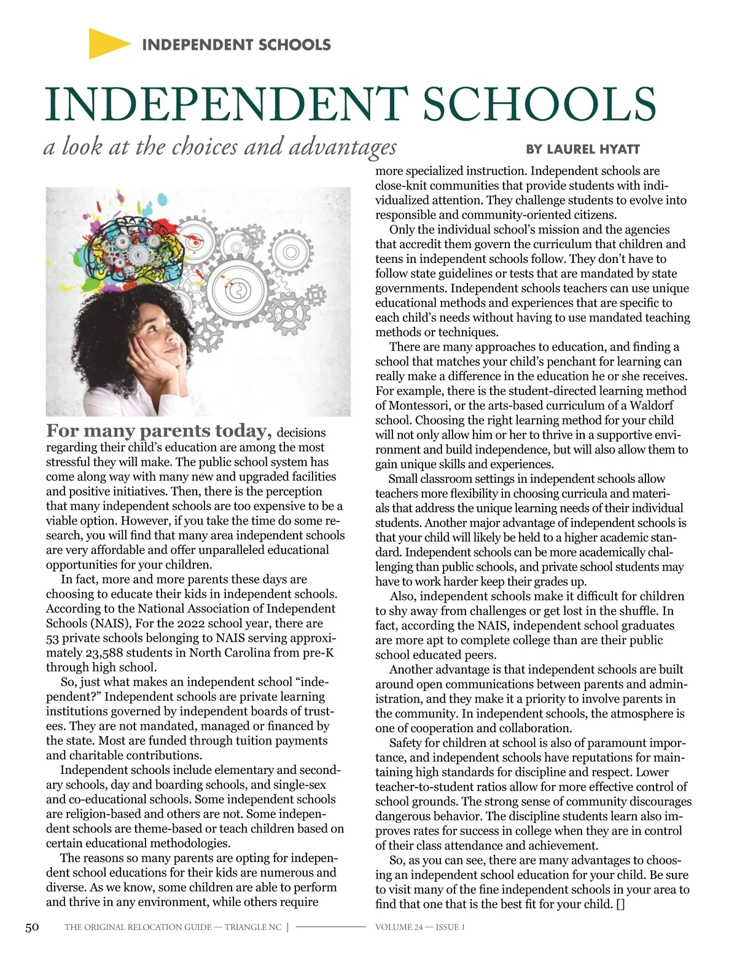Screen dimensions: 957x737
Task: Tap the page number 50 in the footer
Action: point(32,927)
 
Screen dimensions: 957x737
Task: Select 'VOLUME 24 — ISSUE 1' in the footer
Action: point(420,927)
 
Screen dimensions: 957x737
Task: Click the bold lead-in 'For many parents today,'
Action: point(159,431)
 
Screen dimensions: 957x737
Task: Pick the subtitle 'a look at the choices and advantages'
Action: point(220,147)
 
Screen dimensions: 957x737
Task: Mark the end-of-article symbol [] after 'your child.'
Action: point(620,904)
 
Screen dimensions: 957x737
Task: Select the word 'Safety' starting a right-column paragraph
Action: point(408,743)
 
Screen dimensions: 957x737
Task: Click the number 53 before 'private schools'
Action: point(53,638)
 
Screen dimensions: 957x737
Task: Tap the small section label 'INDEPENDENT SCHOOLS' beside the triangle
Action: point(236,44)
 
